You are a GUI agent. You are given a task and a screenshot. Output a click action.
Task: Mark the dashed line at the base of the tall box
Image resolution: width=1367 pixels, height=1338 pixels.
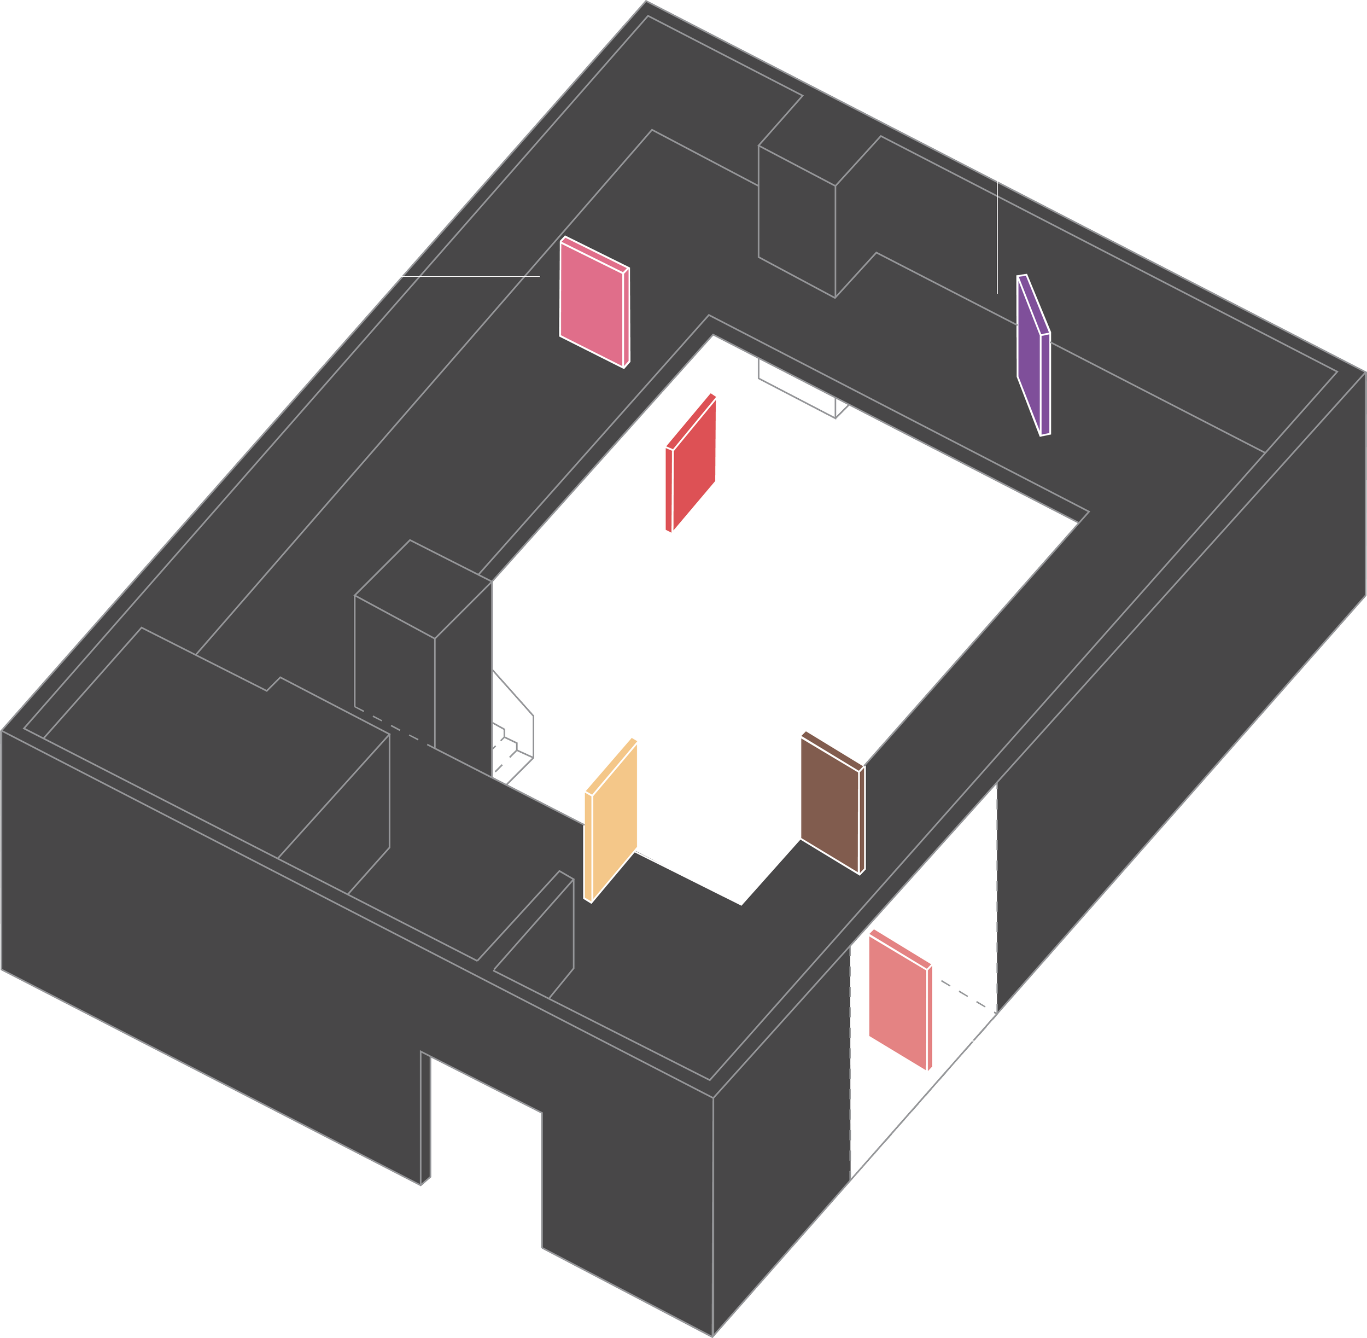(x=393, y=728)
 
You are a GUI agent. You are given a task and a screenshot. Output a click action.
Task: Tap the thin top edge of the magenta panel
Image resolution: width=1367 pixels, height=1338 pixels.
(x=594, y=252)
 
